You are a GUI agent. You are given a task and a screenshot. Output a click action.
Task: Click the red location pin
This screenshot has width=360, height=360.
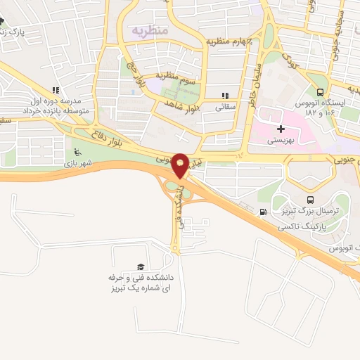pyautogui.click(x=181, y=165)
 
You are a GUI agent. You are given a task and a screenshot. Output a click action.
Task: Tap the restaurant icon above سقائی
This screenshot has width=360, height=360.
pyautogui.click(x=224, y=96)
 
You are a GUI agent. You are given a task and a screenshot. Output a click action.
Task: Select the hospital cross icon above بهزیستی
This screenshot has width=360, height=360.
pyautogui.click(x=281, y=129)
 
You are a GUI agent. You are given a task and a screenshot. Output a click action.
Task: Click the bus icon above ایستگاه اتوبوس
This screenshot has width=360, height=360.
pyautogui.click(x=321, y=91)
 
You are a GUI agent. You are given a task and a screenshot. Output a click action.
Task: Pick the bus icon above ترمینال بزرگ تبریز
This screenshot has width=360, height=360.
pyautogui.click(x=311, y=200)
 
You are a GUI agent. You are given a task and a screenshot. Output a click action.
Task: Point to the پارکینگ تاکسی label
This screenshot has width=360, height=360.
pyautogui.click(x=301, y=228)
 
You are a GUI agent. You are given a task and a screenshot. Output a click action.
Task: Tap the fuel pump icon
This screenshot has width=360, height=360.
pyautogui.click(x=263, y=212)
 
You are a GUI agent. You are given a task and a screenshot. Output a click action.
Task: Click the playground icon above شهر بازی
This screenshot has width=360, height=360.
pyautogui.click(x=77, y=153)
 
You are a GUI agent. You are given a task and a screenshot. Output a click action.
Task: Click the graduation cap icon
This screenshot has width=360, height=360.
pyautogui.click(x=141, y=266)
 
